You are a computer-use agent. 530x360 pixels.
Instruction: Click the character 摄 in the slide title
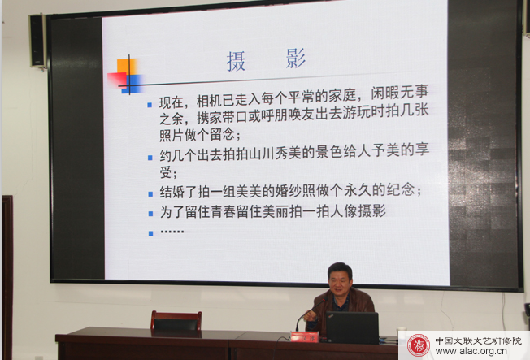[236, 61]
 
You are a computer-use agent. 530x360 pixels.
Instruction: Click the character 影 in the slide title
[295, 59]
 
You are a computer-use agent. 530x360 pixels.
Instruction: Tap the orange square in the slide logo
[127, 67]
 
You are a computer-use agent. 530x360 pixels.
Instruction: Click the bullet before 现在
[150, 105]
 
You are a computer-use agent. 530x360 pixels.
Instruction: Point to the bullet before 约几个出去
[150, 158]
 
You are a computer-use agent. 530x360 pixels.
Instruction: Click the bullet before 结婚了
[150, 194]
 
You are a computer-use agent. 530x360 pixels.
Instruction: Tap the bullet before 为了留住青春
[150, 214]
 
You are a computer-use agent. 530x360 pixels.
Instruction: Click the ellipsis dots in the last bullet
[172, 232]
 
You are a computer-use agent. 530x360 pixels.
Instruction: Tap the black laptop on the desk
[352, 327]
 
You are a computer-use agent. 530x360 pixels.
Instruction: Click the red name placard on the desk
[304, 336]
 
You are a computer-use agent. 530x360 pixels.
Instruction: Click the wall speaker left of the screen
[37, 41]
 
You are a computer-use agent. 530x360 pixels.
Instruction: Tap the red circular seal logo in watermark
[418, 345]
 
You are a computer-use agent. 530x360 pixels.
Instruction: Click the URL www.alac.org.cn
[471, 351]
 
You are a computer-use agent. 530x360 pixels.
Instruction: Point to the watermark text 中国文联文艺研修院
[478, 340]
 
